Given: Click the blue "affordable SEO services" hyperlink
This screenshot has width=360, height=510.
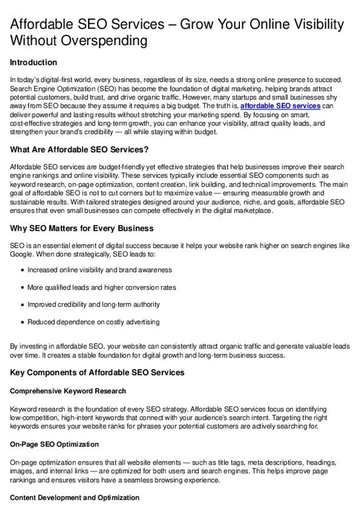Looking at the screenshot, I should tap(280, 106).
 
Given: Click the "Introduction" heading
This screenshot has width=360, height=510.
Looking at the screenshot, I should tap(33, 63).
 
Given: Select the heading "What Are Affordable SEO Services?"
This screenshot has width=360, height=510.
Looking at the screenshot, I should tap(79, 150).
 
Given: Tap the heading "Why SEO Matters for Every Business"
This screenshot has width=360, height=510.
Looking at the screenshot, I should tap(82, 228).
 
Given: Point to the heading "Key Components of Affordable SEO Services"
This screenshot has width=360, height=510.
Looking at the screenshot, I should tap(97, 373).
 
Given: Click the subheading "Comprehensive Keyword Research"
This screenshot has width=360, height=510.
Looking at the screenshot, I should tap(68, 391).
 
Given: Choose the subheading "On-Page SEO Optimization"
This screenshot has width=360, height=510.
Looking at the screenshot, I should tap(54, 445).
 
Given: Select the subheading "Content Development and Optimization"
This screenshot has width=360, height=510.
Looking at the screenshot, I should tap(75, 498).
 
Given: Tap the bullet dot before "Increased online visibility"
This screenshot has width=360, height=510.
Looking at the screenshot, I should tap(22, 271).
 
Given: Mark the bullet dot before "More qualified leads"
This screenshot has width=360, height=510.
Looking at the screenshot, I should tap(22, 288).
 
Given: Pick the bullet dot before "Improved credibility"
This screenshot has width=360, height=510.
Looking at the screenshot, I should tap(22, 305).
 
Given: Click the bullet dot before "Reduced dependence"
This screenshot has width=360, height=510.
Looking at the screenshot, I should tap(22, 322).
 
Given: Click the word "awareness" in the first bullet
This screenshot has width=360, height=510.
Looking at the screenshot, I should tap(156, 271).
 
